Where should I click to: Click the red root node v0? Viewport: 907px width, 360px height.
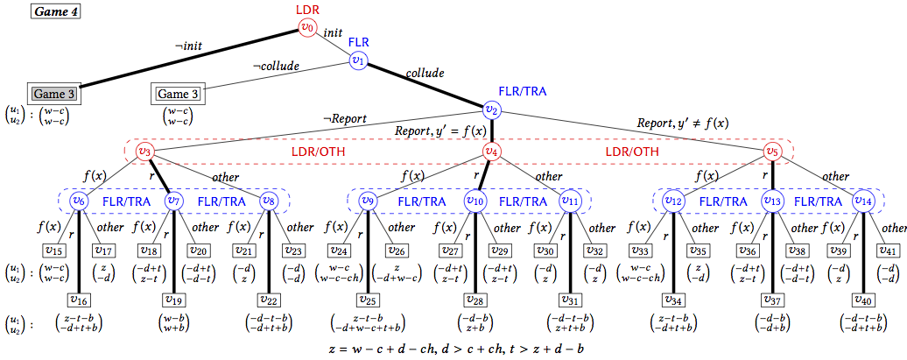[x=306, y=27]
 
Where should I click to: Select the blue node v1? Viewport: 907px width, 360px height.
[x=358, y=60]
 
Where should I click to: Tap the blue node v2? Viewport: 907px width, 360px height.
[x=491, y=109]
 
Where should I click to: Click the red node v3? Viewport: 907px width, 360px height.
[x=146, y=152]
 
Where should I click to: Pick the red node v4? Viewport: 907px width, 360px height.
[x=492, y=152]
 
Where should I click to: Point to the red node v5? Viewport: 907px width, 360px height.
[x=771, y=152]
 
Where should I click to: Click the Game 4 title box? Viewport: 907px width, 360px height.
[x=56, y=13]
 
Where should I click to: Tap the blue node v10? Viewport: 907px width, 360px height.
[x=475, y=201]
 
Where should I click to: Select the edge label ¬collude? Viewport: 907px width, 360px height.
[x=276, y=67]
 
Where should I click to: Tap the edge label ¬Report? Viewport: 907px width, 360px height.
[x=343, y=119]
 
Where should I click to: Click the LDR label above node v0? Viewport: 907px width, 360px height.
[x=306, y=8]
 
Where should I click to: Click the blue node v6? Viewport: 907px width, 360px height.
[x=79, y=201]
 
